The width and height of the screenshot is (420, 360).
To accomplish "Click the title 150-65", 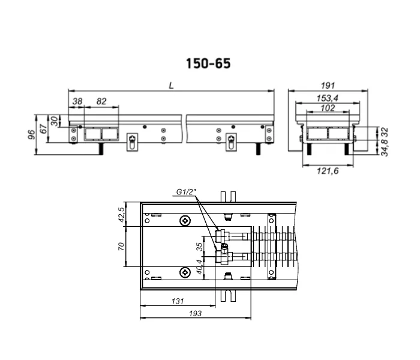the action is [208, 64].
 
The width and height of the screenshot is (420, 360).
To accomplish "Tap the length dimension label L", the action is [172, 85].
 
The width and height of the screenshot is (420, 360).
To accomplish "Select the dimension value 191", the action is [328, 85].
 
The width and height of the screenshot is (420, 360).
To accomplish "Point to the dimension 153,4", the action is [328, 98].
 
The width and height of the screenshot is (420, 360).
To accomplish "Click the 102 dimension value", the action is [328, 108].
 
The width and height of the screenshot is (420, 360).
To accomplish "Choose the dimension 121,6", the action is [328, 170].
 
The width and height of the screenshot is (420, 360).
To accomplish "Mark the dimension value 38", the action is [77, 101].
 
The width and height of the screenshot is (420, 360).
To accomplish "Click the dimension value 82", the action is [101, 101].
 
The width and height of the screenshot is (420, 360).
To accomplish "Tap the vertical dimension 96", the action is [32, 134].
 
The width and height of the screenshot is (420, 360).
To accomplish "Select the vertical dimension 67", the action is [43, 129].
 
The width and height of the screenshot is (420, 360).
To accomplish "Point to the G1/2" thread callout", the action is [186, 192].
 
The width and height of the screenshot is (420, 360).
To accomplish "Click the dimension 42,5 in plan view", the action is [121, 215].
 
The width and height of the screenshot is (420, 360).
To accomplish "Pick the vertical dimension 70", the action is [121, 246].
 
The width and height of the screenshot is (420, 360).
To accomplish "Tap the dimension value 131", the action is [178, 301].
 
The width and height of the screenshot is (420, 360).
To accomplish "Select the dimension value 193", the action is [195, 313].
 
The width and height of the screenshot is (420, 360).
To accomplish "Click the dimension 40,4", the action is [200, 267].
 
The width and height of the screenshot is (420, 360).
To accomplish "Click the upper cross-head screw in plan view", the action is [185, 221].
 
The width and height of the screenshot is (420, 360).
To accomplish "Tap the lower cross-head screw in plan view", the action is [185, 272].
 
